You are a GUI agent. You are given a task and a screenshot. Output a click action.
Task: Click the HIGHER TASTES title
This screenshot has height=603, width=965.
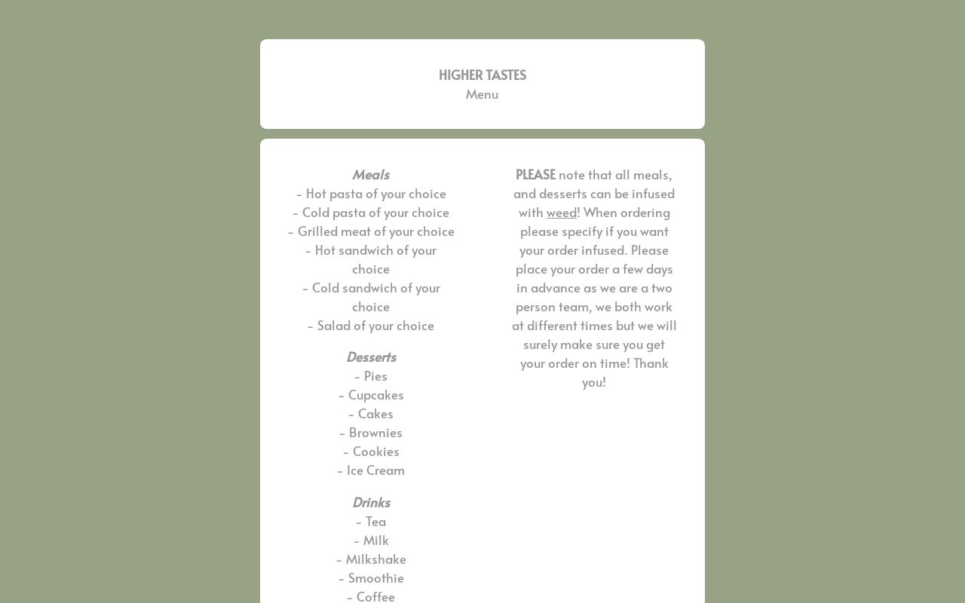point(482,75)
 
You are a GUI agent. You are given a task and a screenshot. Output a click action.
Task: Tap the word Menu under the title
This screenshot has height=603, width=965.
point(482,94)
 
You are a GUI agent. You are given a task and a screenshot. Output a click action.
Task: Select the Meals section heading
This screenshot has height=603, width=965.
point(371,175)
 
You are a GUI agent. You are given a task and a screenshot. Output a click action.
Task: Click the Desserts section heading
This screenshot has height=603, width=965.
point(371,357)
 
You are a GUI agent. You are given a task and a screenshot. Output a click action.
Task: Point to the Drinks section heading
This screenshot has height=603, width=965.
point(371,502)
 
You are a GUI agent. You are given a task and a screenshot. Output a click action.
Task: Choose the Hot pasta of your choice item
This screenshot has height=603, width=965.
point(371,194)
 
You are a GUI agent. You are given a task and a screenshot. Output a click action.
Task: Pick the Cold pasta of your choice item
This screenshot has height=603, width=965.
point(371,213)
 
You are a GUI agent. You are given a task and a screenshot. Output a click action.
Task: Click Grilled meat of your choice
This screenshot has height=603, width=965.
point(371,231)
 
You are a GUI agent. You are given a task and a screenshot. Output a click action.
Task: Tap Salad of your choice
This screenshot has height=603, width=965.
point(371,326)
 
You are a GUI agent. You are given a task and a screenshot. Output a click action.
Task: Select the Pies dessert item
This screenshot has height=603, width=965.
point(371,376)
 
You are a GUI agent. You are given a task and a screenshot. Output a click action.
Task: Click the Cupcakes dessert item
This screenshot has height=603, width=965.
point(371,395)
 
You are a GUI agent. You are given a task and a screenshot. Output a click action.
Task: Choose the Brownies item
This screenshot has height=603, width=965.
point(371,433)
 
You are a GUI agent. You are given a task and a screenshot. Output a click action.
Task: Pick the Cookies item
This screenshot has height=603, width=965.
point(371,451)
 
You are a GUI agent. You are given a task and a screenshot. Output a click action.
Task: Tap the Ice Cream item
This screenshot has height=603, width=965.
point(371,470)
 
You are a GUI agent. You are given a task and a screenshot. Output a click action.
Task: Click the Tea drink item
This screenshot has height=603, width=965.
point(371,522)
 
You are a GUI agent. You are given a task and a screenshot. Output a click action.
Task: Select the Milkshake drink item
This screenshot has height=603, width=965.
point(371,559)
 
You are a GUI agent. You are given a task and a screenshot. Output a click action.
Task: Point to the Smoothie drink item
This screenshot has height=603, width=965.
point(371,578)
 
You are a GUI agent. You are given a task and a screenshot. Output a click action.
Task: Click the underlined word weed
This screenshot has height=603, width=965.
point(561,213)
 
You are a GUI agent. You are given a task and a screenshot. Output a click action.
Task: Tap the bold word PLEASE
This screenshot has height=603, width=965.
point(535,175)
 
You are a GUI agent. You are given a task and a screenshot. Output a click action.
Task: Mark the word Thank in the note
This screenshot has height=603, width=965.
point(651,363)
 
